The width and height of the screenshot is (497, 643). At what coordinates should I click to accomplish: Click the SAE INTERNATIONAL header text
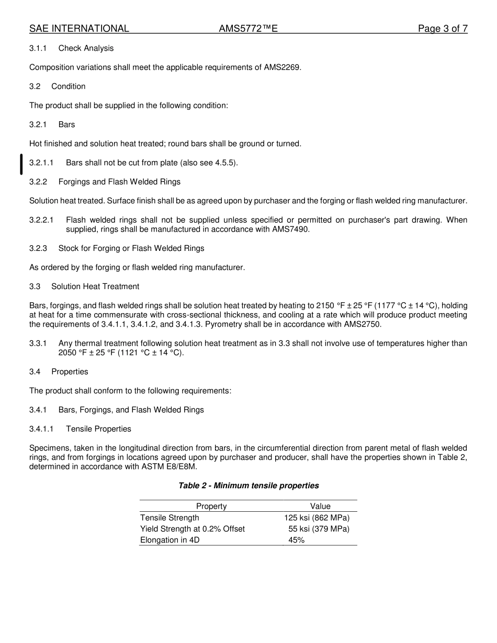click(79, 29)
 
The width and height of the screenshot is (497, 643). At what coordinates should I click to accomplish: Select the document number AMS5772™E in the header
click(248, 29)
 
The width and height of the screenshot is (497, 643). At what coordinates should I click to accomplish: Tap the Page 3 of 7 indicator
click(443, 29)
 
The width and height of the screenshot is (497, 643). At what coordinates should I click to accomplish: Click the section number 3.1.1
click(38, 48)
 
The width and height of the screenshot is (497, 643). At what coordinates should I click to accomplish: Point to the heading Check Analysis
click(86, 48)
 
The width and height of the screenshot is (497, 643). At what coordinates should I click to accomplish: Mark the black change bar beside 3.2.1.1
click(21, 164)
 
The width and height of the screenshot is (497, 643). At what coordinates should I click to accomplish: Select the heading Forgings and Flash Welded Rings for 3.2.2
click(119, 182)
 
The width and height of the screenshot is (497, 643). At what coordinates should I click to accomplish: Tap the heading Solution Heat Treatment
click(95, 286)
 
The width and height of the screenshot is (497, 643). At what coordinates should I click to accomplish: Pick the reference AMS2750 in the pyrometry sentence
click(363, 324)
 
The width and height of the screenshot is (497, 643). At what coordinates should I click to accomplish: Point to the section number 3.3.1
click(38, 343)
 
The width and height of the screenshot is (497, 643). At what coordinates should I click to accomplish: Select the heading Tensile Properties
click(98, 429)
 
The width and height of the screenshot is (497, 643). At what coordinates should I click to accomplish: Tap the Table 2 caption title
click(249, 486)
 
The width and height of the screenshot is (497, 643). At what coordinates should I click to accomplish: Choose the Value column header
click(320, 506)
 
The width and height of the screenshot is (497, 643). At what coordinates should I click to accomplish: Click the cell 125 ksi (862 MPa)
click(317, 518)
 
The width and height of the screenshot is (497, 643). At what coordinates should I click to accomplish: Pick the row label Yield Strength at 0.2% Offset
click(193, 529)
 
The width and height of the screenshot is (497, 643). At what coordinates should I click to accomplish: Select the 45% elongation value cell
click(296, 540)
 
